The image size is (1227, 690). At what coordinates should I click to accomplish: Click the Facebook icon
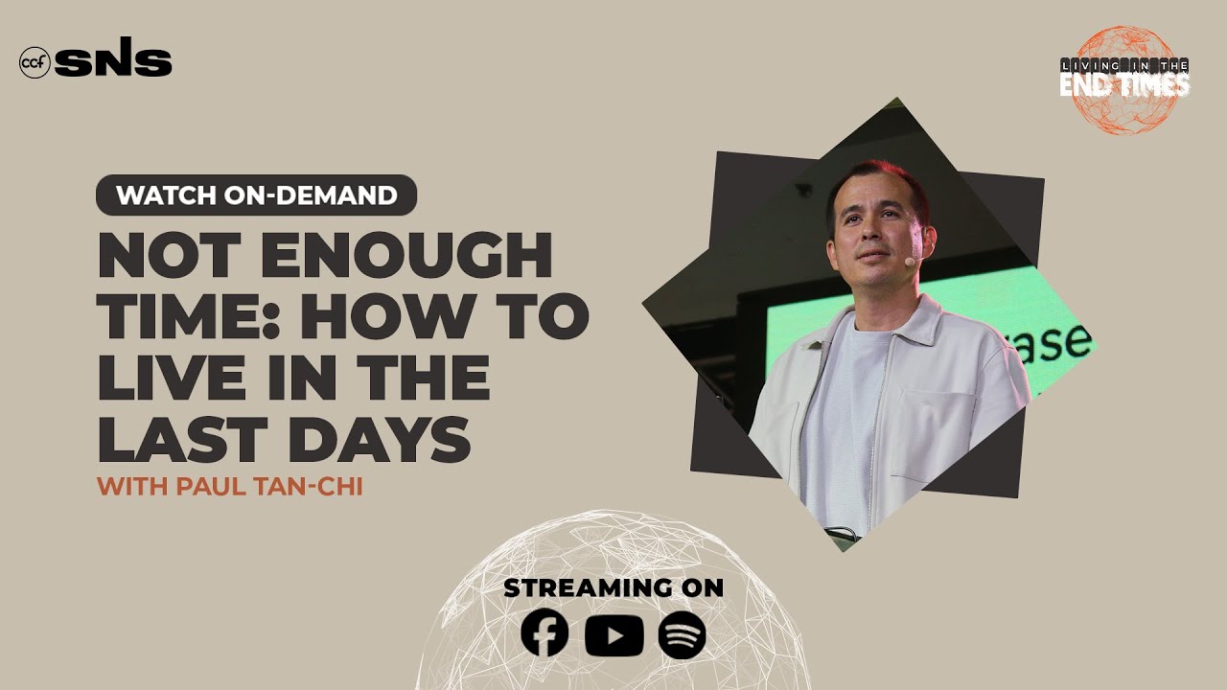544,632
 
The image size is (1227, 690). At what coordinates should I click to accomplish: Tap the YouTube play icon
614,635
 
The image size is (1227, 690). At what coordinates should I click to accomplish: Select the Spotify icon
682,635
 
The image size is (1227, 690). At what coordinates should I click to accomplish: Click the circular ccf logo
35,62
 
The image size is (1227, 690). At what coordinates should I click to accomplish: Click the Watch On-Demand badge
256,195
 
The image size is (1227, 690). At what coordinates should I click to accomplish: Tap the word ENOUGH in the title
406,255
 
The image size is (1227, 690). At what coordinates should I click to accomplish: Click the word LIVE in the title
172,378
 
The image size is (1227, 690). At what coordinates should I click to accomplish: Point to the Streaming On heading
613,587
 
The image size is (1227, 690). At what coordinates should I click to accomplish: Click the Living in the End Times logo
1124,80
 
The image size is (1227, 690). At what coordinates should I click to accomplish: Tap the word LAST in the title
183,439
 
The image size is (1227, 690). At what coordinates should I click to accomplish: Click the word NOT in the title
171,255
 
